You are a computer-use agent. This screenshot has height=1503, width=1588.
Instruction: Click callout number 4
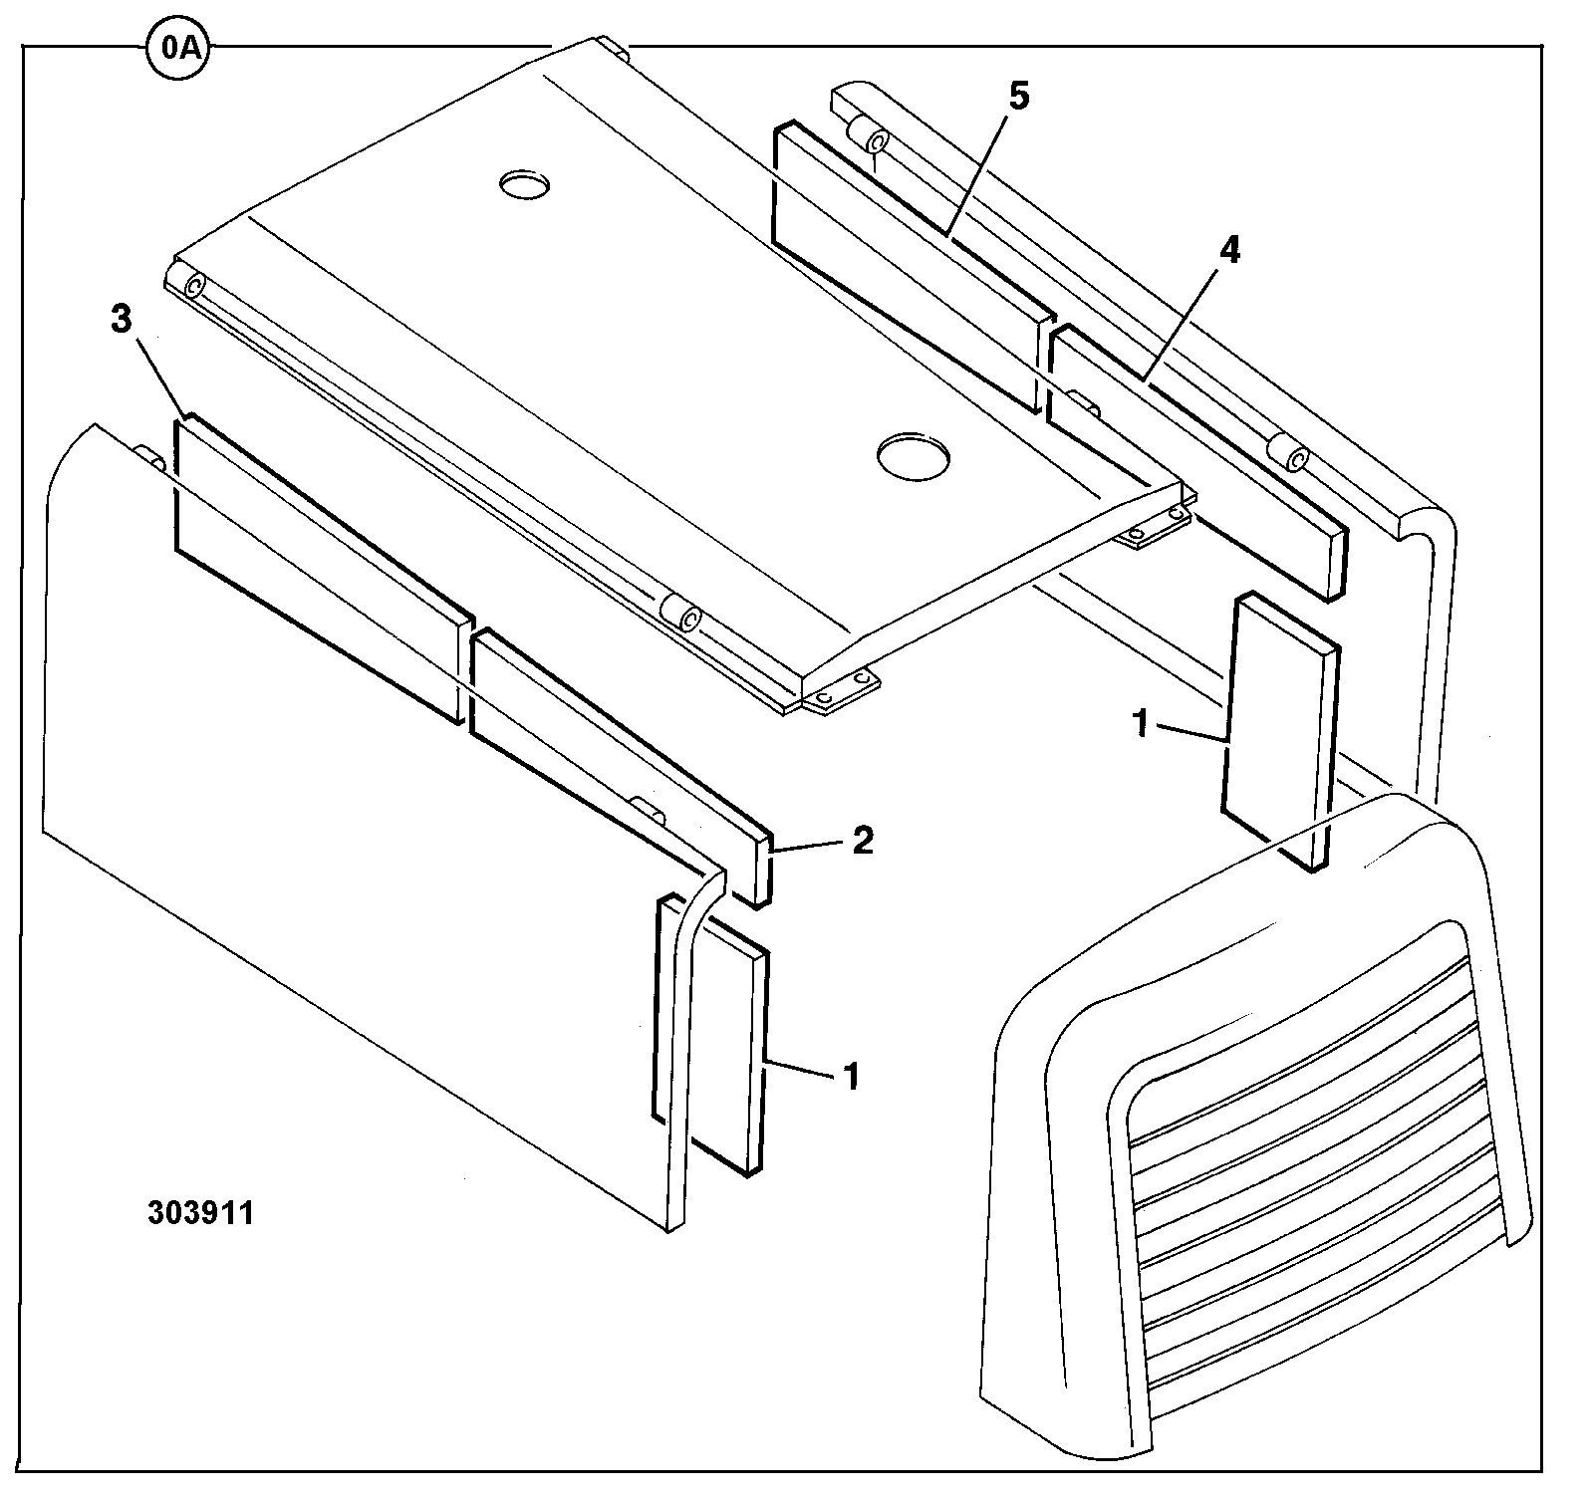1231,250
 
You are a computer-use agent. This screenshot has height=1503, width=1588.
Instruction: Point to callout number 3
121,320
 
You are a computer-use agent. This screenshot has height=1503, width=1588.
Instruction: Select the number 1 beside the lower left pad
851,1076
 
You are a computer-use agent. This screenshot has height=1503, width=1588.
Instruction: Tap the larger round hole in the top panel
913,454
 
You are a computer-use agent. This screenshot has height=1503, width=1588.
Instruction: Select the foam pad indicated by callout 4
1198,462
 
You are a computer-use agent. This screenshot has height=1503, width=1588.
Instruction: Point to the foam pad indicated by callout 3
323,570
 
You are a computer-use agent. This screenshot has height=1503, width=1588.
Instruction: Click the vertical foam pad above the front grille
1279,733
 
